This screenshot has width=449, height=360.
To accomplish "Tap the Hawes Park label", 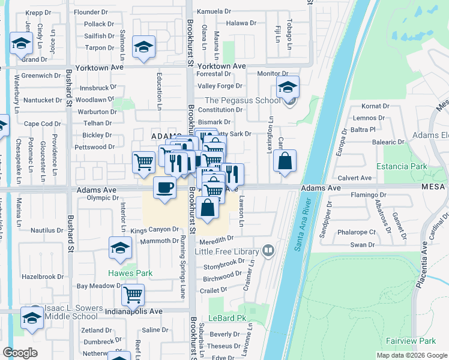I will click(130, 273).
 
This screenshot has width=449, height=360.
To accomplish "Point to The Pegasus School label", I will click(243, 100).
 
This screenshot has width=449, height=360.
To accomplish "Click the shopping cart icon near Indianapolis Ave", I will click(133, 295).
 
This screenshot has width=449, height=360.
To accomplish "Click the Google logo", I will click(20, 353).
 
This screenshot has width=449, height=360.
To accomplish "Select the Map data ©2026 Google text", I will click(411, 355).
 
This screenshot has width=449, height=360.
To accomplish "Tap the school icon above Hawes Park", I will click(120, 247).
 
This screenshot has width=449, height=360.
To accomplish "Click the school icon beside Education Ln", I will click(144, 47).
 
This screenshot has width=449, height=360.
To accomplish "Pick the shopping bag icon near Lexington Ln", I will click(285, 161).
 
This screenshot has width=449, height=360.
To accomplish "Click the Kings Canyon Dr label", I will click(155, 229).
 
